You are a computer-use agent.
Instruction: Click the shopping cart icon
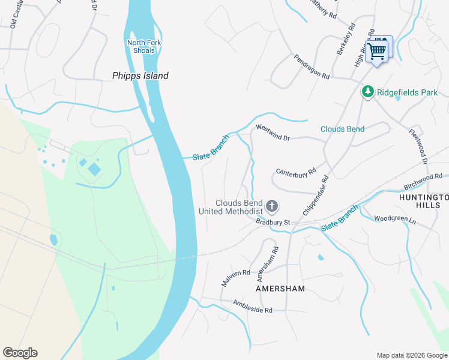[377, 51]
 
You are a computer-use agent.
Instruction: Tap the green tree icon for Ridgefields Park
[367, 92]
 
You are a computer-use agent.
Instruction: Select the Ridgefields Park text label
[407, 92]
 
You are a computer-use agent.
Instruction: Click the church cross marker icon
[271, 207]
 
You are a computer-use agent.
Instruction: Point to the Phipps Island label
[140, 76]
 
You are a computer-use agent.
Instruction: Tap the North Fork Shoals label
[140, 46]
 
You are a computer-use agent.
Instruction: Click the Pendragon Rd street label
[312, 67]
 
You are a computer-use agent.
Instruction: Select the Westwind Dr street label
[273, 133]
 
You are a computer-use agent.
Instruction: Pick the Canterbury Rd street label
[295, 172]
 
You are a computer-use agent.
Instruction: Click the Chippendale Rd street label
[316, 196]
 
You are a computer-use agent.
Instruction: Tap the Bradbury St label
[273, 222]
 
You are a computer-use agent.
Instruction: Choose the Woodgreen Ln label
[395, 220]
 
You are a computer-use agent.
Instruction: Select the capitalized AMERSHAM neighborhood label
[280, 289]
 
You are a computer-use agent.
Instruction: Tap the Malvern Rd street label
[235, 278]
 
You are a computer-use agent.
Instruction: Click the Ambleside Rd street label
[253, 305]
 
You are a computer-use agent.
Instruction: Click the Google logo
[20, 353]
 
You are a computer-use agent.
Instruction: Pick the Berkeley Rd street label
[346, 40]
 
